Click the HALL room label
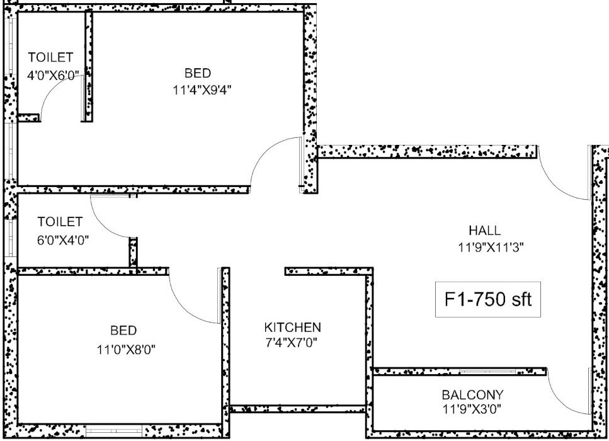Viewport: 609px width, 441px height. coord(485,231)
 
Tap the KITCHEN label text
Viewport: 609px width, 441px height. coord(292,328)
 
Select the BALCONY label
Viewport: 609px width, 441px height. coord(473,395)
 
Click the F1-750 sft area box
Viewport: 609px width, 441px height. coord(488,300)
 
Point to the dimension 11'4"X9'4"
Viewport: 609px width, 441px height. coord(202,90)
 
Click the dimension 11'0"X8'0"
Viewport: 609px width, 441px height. coord(126,350)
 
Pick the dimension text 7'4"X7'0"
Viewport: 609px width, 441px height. coord(292,343)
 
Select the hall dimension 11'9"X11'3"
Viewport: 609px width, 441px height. coord(491,247)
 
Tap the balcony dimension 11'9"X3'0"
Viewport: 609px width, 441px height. coord(472,409)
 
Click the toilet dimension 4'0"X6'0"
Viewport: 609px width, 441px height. coord(53,74)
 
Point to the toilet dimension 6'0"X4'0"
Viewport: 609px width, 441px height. coord(63,240)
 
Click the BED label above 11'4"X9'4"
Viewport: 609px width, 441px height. coord(198,73)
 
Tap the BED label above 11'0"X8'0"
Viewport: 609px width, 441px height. coord(123,331)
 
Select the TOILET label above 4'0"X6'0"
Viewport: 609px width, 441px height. coord(50,57)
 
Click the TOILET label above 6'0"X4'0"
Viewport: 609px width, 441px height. coord(60,222)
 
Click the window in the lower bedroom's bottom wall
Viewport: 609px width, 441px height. coord(114,430)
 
